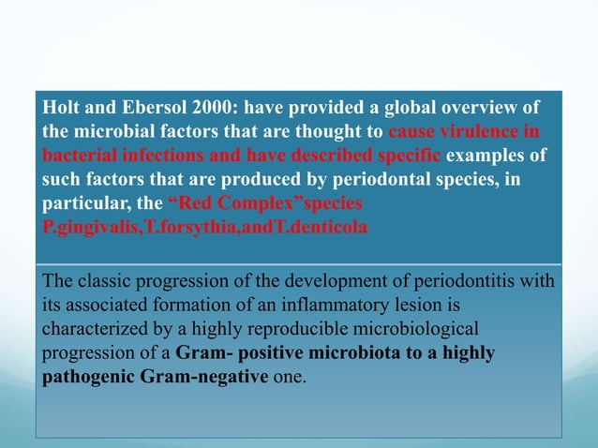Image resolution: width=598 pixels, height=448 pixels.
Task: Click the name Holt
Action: point(61,107)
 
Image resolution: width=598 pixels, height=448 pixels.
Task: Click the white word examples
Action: point(485,156)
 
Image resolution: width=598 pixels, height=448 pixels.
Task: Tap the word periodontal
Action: point(381,179)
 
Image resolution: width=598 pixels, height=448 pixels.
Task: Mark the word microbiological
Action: point(415,329)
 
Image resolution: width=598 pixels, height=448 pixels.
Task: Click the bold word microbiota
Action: point(354,352)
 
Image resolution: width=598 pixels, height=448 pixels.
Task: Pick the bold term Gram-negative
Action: point(204,377)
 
